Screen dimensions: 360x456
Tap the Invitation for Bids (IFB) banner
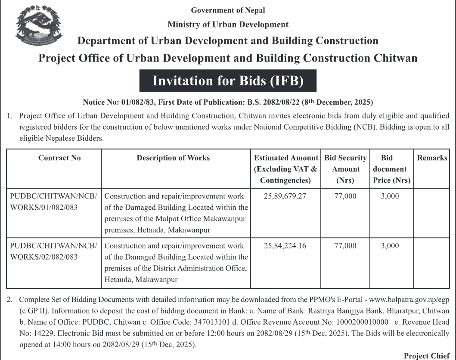coord(228,81)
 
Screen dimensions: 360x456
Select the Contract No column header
coord(59,158)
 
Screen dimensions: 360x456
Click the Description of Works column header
coord(173,158)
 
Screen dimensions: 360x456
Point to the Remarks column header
coord(432,158)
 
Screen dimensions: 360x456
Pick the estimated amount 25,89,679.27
coord(285,196)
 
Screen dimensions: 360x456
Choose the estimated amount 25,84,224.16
coord(285,246)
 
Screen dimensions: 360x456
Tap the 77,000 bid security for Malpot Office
coord(345,196)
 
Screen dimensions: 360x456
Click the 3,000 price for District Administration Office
coord(390,246)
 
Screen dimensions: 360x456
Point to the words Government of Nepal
coord(228,10)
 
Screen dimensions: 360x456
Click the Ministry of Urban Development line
coord(228,25)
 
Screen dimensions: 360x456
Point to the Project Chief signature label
coord(426,356)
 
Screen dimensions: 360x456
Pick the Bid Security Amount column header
coord(345,169)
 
